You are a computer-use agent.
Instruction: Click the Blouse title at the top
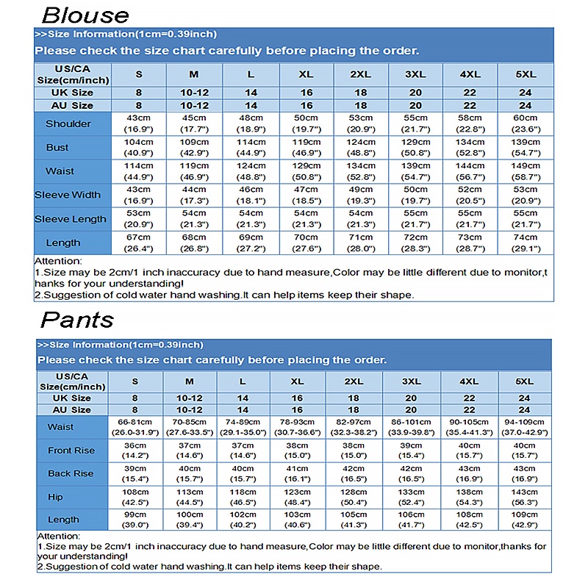[85, 15]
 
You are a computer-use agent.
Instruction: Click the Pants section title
[77, 320]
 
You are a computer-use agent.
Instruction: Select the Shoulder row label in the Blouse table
[68, 123]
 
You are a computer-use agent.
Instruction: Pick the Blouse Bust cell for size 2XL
[361, 147]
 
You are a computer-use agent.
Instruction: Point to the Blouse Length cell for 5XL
[526, 243]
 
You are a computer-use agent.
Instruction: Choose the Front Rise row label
[71, 451]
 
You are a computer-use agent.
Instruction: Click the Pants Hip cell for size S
[135, 497]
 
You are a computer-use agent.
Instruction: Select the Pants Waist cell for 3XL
[412, 427]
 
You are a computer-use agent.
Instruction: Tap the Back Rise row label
[71, 473]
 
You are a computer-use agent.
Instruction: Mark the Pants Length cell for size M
[190, 520]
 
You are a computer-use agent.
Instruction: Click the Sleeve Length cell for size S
[139, 218]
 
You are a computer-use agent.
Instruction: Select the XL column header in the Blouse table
[306, 74]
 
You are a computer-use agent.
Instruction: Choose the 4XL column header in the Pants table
[469, 381]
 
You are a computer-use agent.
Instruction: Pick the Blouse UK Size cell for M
[194, 93]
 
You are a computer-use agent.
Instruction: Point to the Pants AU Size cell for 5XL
[525, 409]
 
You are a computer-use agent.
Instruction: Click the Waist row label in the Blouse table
[60, 171]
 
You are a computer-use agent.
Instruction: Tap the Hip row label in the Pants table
[55, 497]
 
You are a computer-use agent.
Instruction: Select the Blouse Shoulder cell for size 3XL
[415, 123]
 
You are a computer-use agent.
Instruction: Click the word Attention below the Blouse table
[59, 261]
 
